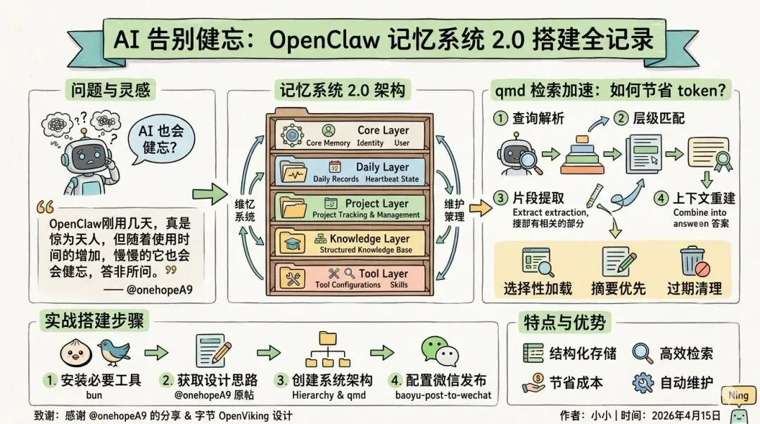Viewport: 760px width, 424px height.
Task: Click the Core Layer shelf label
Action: [383, 130]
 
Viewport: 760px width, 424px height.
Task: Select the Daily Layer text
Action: [382, 167]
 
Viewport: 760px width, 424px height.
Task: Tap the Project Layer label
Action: [376, 204]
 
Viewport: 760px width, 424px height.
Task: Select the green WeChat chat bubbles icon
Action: [438, 350]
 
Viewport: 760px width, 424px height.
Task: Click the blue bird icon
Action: [116, 351]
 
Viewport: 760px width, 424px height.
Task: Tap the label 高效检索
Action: [685, 354]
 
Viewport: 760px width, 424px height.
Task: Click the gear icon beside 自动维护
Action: [643, 383]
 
